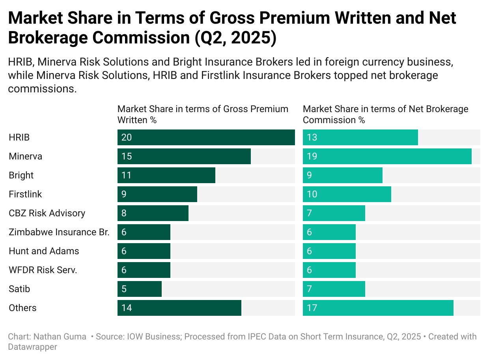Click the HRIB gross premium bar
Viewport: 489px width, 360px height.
(x=206, y=137)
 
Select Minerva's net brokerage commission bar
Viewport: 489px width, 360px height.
(x=387, y=156)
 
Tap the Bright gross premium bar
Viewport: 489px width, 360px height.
(x=166, y=175)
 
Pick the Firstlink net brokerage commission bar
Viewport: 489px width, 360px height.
(x=347, y=194)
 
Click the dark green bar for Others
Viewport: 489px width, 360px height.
(x=179, y=308)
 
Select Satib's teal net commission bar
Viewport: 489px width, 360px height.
(x=334, y=289)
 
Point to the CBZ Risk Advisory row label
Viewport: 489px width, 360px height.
(x=47, y=213)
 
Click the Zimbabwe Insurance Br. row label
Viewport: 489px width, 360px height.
(x=59, y=232)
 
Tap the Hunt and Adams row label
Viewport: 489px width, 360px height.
(x=44, y=251)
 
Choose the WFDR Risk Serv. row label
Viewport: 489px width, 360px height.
(x=43, y=270)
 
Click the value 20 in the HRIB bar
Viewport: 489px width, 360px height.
(x=126, y=137)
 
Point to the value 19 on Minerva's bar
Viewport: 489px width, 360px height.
(x=312, y=156)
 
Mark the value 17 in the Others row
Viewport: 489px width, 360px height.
(x=312, y=308)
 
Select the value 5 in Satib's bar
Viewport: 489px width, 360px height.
(x=124, y=289)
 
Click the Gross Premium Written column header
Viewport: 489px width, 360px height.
(x=203, y=114)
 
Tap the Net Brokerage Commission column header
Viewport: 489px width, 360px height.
(x=385, y=114)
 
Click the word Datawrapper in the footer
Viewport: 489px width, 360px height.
(x=33, y=347)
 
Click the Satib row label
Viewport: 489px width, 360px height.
(x=19, y=289)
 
